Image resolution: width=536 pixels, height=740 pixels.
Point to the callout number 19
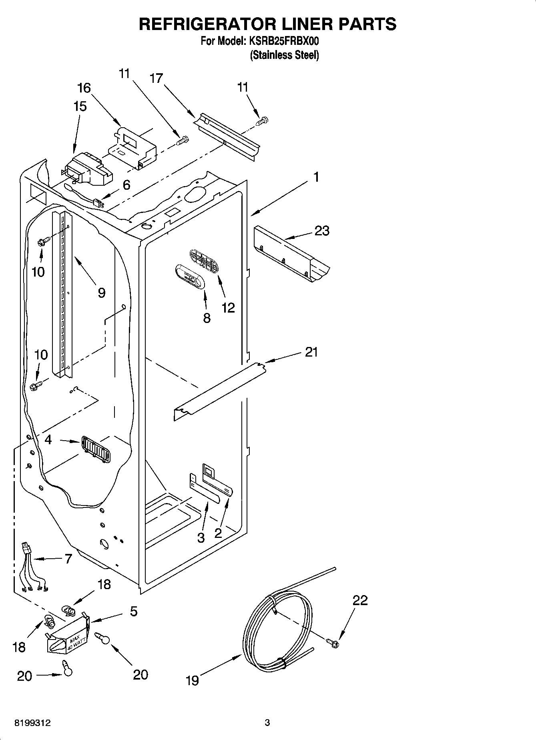click(x=193, y=680)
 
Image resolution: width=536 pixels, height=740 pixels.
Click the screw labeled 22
click(x=333, y=643)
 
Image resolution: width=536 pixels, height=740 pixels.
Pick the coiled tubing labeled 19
click(x=276, y=624)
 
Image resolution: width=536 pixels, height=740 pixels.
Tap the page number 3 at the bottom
click(x=267, y=723)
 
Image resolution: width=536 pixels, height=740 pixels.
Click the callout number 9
click(x=101, y=293)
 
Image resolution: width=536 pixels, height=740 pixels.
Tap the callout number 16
click(x=84, y=88)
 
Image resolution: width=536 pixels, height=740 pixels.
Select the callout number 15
click(x=80, y=106)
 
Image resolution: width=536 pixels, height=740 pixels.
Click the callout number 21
click(x=311, y=352)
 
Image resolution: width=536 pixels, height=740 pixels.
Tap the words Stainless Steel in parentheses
click(x=285, y=55)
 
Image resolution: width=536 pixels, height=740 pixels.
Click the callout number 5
click(x=133, y=611)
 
